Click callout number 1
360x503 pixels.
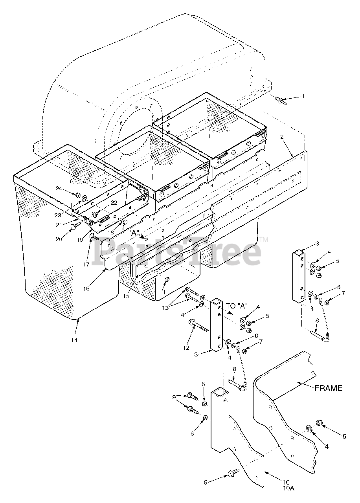point(303,96)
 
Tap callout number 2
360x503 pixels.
point(282,137)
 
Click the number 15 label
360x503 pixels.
point(126,296)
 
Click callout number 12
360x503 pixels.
point(187,347)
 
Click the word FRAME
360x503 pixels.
point(328,388)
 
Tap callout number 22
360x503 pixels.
point(114,203)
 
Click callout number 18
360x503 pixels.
point(111,232)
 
